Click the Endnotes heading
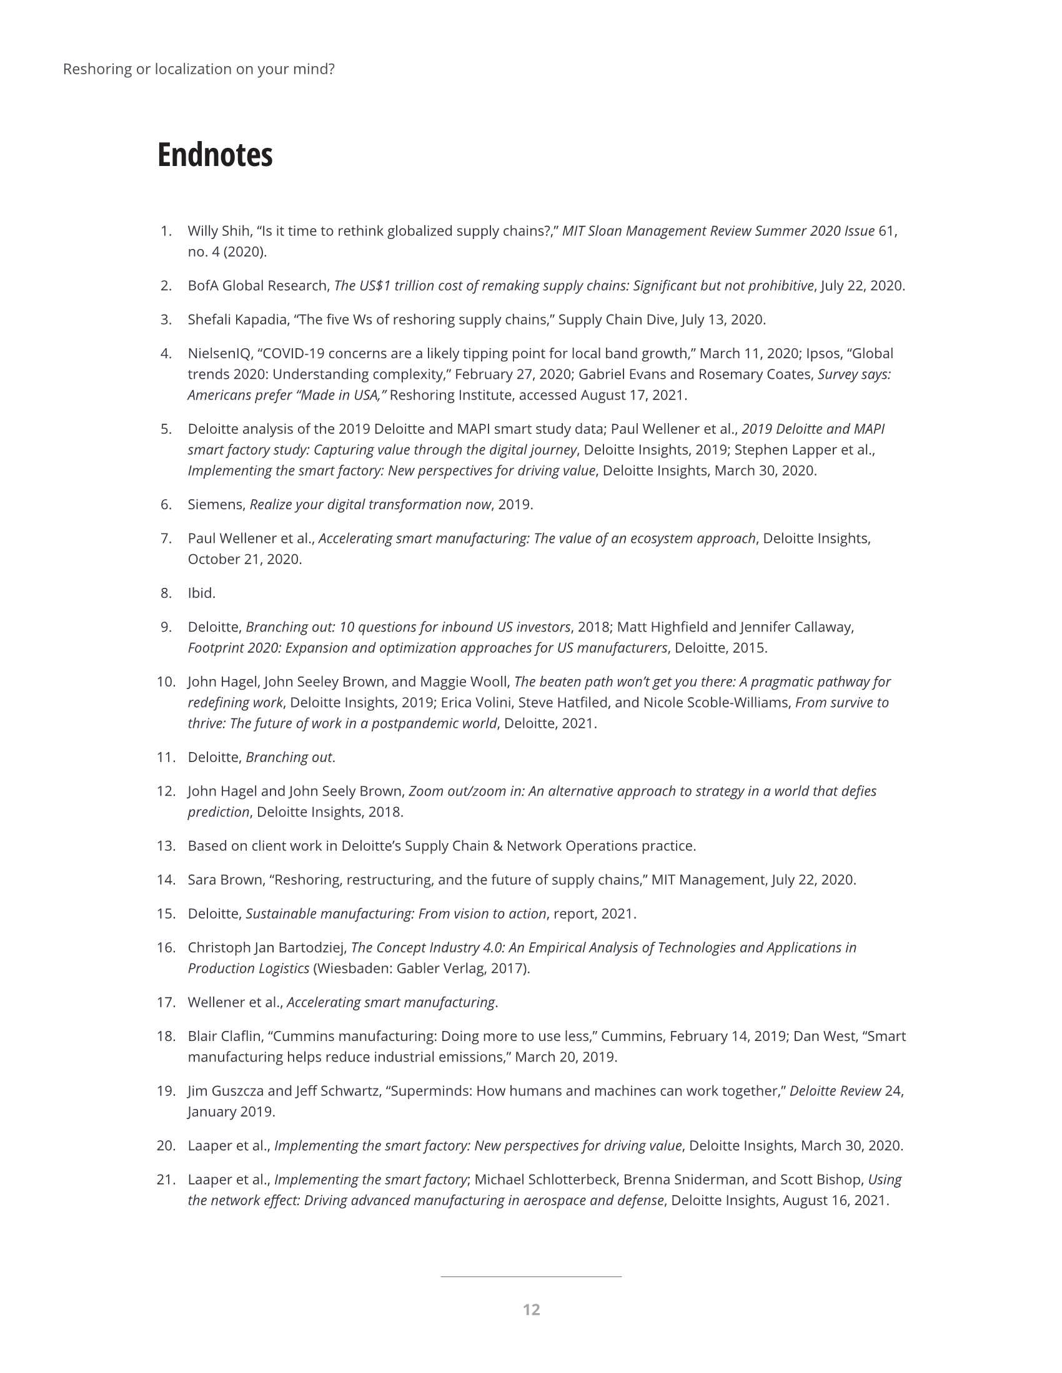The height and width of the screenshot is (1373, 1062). [x=214, y=155]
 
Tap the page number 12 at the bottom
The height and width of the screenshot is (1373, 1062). [x=531, y=1309]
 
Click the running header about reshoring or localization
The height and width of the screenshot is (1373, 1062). [x=199, y=69]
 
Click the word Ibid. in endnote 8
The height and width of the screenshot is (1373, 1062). [x=201, y=594]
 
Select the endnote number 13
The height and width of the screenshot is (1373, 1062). [x=166, y=846]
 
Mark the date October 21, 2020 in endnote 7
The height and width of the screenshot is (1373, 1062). [x=244, y=560]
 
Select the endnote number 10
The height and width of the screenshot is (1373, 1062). [x=166, y=682]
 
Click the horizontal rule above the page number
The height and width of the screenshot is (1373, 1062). [x=531, y=1277]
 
